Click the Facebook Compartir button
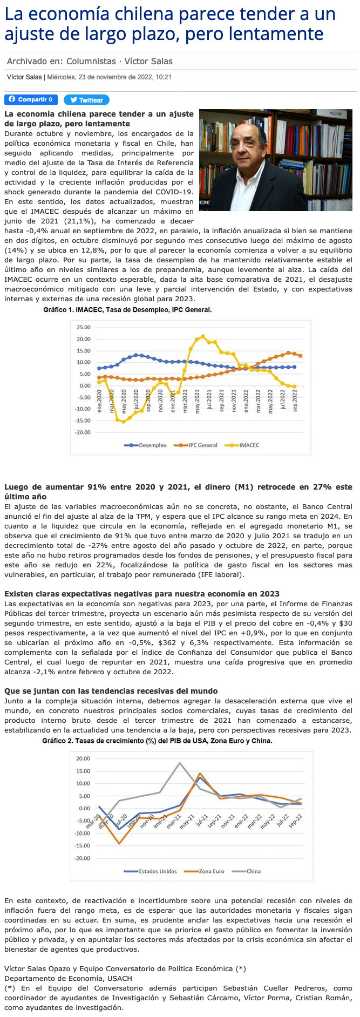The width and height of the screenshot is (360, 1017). (31, 99)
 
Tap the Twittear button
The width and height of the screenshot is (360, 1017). (86, 100)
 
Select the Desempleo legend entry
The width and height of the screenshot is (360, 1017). (148, 445)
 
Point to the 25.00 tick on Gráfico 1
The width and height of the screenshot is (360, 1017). (84, 327)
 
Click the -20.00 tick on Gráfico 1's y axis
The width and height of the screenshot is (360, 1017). (83, 432)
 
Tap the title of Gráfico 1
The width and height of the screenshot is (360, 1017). (127, 310)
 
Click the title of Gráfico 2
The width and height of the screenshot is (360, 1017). (157, 741)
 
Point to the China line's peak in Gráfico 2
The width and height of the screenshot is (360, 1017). (180, 763)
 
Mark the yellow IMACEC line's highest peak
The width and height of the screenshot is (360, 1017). (203, 336)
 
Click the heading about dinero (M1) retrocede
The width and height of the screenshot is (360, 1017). (178, 491)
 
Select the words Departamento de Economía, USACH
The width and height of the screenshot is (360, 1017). (68, 979)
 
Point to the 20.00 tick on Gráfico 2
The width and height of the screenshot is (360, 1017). (83, 758)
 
